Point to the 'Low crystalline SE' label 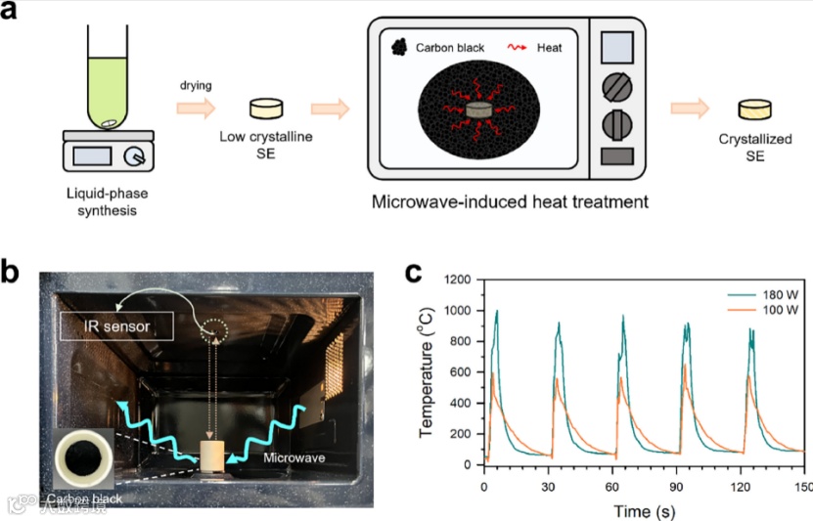tap(266, 146)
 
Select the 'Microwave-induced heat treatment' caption tap(509, 203)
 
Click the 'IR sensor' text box tap(116, 326)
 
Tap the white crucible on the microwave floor tap(212, 456)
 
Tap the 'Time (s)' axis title tap(643, 510)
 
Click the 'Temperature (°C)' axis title tap(427, 370)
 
